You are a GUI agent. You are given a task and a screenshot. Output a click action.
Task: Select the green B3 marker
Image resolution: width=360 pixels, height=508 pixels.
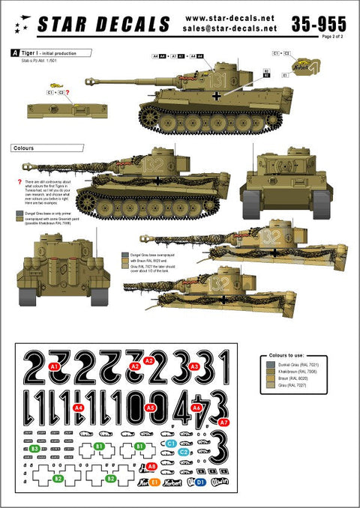[x=35, y=448]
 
